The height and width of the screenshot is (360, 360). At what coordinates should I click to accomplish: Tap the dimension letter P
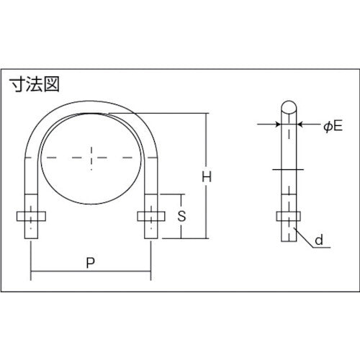[x=90, y=264]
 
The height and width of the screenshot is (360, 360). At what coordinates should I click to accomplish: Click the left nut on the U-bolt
[x=30, y=215]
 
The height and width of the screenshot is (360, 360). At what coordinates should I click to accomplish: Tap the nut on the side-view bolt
[x=287, y=216]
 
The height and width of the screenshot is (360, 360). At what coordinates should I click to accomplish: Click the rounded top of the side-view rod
[x=287, y=107]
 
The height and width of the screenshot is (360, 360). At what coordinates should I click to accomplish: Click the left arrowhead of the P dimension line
[x=33, y=274]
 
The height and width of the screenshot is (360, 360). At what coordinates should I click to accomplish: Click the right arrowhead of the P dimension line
[x=148, y=274]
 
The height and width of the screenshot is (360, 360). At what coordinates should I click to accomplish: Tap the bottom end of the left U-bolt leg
[x=30, y=238]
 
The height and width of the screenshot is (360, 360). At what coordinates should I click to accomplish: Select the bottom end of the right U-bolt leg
[x=150, y=238]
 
